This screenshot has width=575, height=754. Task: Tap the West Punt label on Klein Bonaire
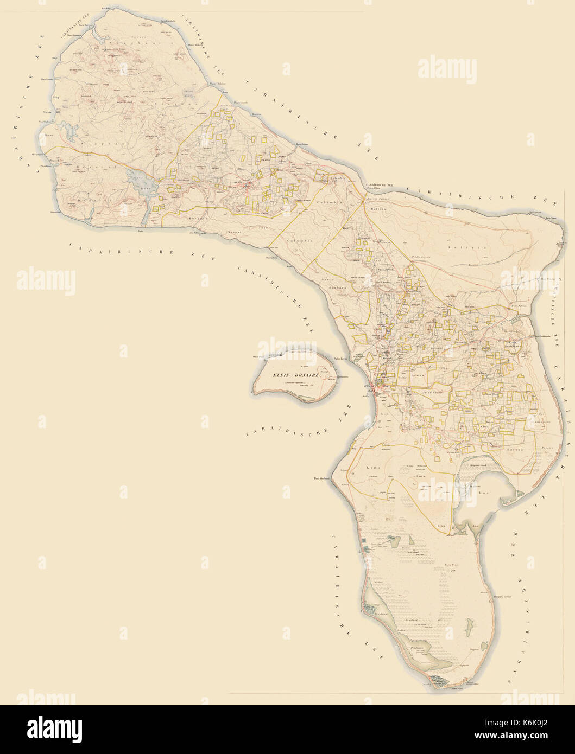[258, 357]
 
